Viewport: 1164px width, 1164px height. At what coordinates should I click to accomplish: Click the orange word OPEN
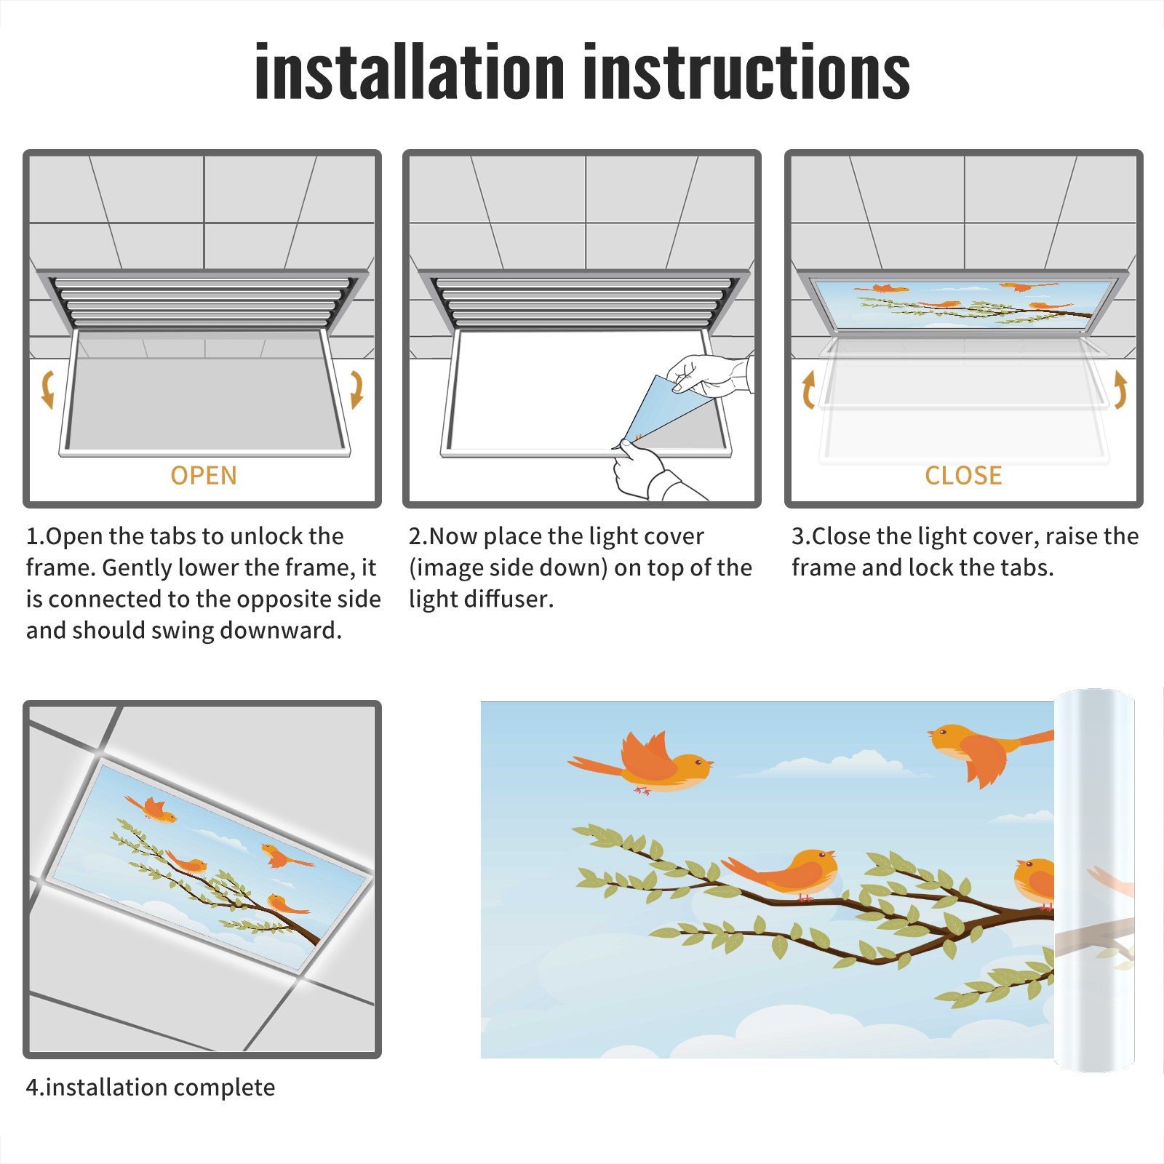[x=204, y=475]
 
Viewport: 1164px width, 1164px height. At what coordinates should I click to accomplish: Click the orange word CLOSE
[x=963, y=475]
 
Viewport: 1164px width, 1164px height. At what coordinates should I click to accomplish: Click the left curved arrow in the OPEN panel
[x=47, y=389]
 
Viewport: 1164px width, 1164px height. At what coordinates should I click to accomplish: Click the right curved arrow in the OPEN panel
[x=356, y=389]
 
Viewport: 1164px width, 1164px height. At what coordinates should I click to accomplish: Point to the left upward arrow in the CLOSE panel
[x=808, y=389]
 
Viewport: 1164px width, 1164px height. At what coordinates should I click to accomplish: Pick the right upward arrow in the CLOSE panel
[x=1120, y=389]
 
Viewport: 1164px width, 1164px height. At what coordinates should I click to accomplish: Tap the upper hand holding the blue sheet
[x=709, y=375]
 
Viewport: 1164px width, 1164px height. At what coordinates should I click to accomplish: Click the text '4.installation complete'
[x=151, y=1088]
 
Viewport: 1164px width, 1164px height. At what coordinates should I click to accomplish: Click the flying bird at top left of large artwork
[x=640, y=764]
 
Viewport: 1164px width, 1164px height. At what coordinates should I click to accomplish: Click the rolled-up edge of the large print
[x=1094, y=880]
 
